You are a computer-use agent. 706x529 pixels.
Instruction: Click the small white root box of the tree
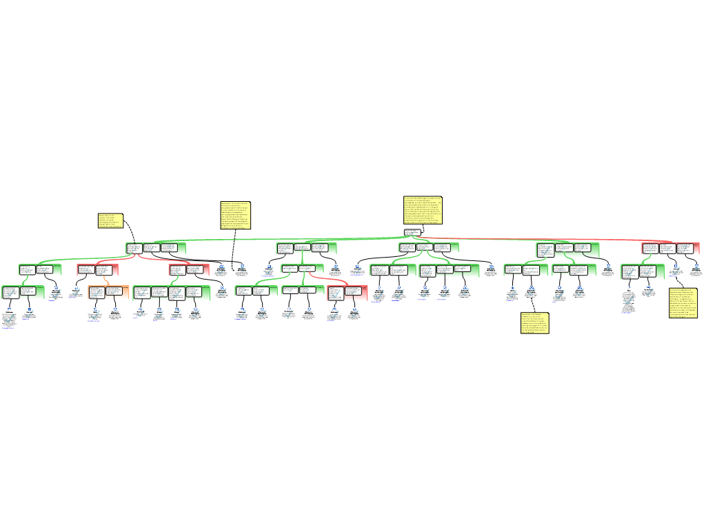[x=412, y=232]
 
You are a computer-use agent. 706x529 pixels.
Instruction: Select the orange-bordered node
[x=108, y=292]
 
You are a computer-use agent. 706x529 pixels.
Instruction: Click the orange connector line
[x=105, y=280]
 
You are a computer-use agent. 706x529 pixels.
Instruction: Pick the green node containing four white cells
[x=172, y=293]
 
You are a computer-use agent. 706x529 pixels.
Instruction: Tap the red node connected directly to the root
[x=670, y=248]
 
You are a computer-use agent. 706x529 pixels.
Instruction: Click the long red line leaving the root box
[x=538, y=239]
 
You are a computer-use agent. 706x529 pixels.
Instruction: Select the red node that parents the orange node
[x=97, y=269]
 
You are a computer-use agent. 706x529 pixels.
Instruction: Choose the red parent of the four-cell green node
[x=190, y=269]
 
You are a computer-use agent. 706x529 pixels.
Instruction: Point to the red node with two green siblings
[x=347, y=293]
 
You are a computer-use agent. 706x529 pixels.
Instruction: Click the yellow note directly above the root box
[x=423, y=210]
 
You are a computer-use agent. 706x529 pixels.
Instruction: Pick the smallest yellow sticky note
[x=110, y=220]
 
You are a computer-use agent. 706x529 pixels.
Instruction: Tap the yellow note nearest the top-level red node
[x=683, y=303]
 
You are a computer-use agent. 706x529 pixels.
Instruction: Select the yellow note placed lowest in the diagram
[x=534, y=322]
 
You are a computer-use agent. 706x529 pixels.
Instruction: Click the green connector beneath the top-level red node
[x=647, y=258]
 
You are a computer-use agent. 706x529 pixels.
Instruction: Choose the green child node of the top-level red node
[x=642, y=271]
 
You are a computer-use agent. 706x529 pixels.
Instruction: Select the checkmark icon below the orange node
[x=94, y=315]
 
